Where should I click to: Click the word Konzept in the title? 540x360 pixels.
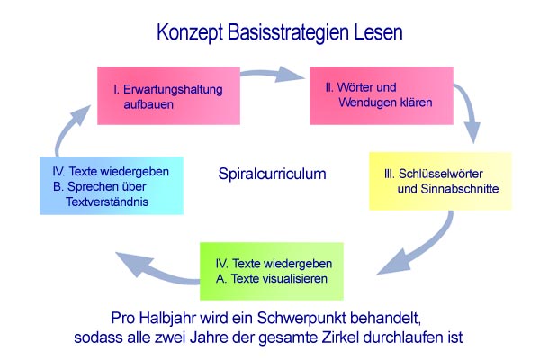pos(190,32)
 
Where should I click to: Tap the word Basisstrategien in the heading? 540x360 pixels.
pos(289,33)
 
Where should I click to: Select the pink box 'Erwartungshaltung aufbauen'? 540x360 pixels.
pos(169,95)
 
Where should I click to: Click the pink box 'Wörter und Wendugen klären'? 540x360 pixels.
pos(382,95)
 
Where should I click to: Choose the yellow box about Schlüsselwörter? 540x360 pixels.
pos(440,181)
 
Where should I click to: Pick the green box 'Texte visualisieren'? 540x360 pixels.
pos(272,271)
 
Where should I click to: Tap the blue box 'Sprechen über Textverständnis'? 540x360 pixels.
pos(112,186)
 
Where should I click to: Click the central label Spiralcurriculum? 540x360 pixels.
pos(272,174)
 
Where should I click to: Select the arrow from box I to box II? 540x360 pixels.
pos(272,74)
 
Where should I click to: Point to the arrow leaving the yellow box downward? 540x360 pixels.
pos(426,247)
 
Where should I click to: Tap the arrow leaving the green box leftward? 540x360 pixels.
pos(155,269)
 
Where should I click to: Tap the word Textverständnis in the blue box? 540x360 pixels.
pos(107,202)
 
